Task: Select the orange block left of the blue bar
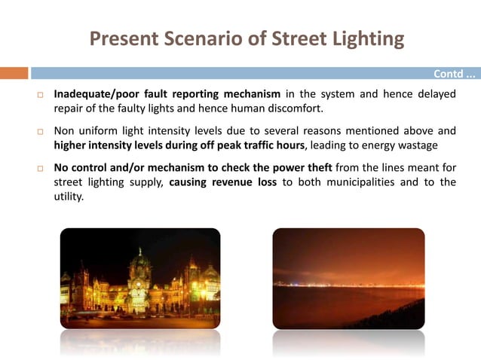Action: click(14, 73)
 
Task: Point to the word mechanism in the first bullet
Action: click(253, 94)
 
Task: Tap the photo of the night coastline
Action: click(348, 278)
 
